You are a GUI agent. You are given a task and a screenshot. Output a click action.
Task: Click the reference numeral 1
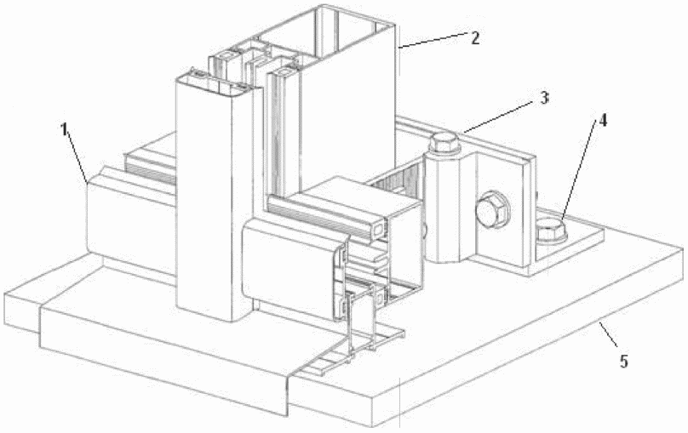[65, 129]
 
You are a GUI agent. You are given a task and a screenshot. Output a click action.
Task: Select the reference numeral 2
[474, 38]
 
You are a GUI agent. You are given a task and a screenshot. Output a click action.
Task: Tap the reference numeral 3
[544, 98]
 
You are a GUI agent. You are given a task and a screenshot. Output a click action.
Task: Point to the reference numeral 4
[603, 121]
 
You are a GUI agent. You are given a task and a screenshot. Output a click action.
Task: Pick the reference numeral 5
[623, 362]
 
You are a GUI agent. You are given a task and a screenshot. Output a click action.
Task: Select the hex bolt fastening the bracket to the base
[551, 230]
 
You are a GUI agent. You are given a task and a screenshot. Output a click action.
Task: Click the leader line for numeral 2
[433, 39]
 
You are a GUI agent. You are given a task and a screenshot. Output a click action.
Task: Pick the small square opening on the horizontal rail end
[378, 228]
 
